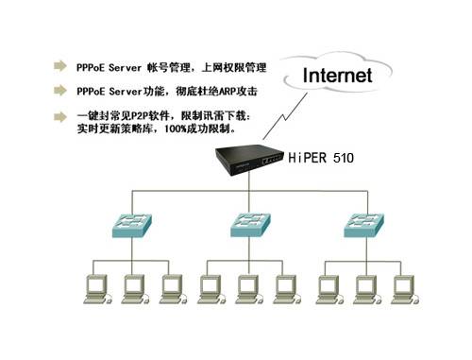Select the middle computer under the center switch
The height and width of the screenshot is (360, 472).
[x=245, y=287]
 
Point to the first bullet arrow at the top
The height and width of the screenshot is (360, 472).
[x=62, y=68]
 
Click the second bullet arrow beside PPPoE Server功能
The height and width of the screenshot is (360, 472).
[x=62, y=93]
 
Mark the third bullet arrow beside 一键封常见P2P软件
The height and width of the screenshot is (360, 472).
[x=62, y=115]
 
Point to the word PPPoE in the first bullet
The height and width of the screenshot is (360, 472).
[x=92, y=68]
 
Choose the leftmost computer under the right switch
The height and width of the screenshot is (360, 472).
[x=326, y=287]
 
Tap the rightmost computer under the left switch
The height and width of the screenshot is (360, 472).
[x=170, y=287]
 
